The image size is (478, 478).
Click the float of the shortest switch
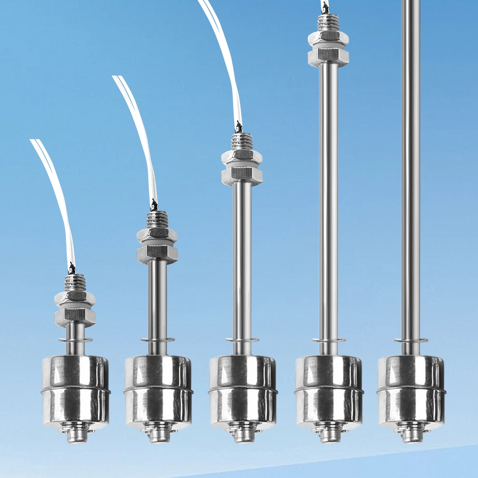pyautogui.click(x=76, y=390)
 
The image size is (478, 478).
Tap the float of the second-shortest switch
pyautogui.click(x=158, y=390)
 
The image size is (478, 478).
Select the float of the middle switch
pyautogui.click(x=243, y=390)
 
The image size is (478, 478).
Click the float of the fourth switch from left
pyautogui.click(x=328, y=390)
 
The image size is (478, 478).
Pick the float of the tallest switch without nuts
pyautogui.click(x=411, y=390)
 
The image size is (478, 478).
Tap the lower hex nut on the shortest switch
pyautogui.click(x=75, y=315)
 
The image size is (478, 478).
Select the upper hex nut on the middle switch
pyautogui.click(x=242, y=156)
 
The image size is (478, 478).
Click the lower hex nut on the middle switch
pyautogui.click(x=242, y=175)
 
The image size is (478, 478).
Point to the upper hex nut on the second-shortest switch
pyautogui.click(x=157, y=234)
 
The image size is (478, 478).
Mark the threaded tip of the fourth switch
pyautogui.click(x=328, y=22)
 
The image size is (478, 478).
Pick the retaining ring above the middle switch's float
pyautogui.click(x=242, y=340)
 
